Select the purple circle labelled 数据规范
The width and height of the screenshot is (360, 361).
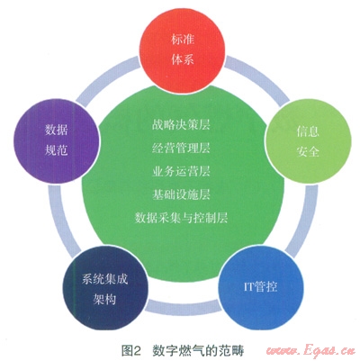pyautogui.click(x=57, y=140)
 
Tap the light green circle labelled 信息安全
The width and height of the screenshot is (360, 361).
pyautogui.click(x=309, y=140)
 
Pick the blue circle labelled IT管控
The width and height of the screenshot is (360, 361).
pyautogui.click(x=260, y=287)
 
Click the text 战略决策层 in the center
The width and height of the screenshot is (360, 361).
pyautogui.click(x=181, y=125)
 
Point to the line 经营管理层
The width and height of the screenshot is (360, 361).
pyautogui.click(x=181, y=148)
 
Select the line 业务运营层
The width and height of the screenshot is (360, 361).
pyautogui.click(x=181, y=171)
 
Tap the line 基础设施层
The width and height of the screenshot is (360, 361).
pyautogui.click(x=181, y=194)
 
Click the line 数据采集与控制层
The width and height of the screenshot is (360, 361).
pyautogui.click(x=181, y=218)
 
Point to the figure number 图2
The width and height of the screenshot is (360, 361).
pyautogui.click(x=131, y=350)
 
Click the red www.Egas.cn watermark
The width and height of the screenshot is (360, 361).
pyautogui.click(x=310, y=350)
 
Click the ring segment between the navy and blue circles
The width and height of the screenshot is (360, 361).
pyautogui.click(x=183, y=306)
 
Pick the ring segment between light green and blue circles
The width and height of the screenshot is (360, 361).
pyautogui.click(x=302, y=221)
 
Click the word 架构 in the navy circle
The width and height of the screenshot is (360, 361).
pyautogui.click(x=104, y=299)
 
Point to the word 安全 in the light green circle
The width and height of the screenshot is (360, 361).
pyautogui.click(x=308, y=151)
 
